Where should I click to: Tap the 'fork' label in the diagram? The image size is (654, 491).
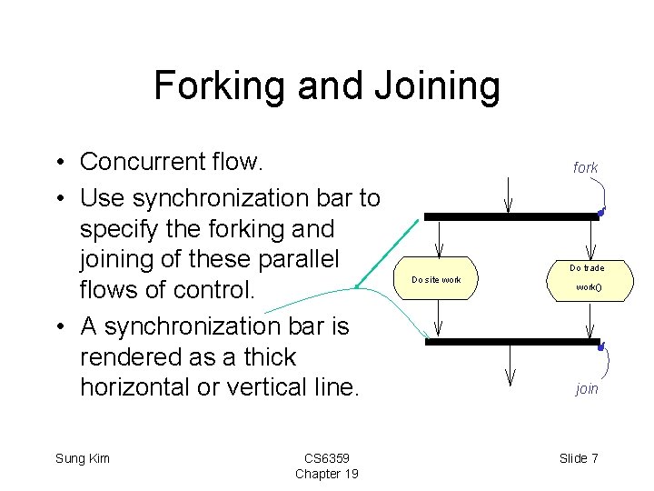point(585,167)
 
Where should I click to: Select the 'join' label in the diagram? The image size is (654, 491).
point(587,388)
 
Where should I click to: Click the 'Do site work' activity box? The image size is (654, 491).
point(438,279)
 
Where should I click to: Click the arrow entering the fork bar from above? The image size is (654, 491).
point(509,192)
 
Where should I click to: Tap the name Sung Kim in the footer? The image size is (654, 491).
point(83,458)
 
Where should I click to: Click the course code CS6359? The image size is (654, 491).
point(326,457)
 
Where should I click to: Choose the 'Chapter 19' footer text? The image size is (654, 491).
point(326,474)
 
